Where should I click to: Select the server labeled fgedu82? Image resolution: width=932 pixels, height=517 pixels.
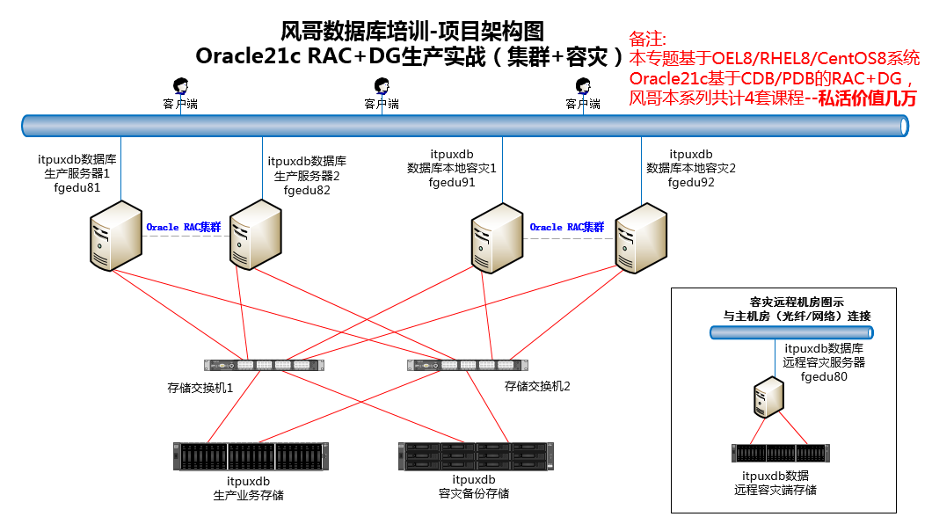click(255, 233)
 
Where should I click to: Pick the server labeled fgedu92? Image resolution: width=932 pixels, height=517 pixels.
click(638, 236)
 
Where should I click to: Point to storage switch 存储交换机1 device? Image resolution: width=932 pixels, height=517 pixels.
click(261, 365)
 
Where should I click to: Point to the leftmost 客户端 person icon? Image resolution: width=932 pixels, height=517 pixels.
click(180, 86)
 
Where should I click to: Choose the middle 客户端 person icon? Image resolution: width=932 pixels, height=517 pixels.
click(382, 86)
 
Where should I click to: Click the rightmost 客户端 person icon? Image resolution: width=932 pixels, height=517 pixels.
click(582, 86)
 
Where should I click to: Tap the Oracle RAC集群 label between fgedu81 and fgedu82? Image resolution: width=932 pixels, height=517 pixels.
click(183, 227)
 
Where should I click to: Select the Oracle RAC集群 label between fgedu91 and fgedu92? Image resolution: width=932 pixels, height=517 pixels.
click(566, 227)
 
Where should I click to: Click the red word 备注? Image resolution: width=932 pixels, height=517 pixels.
click(648, 40)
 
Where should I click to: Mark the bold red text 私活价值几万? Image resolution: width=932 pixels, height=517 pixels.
click(867, 98)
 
